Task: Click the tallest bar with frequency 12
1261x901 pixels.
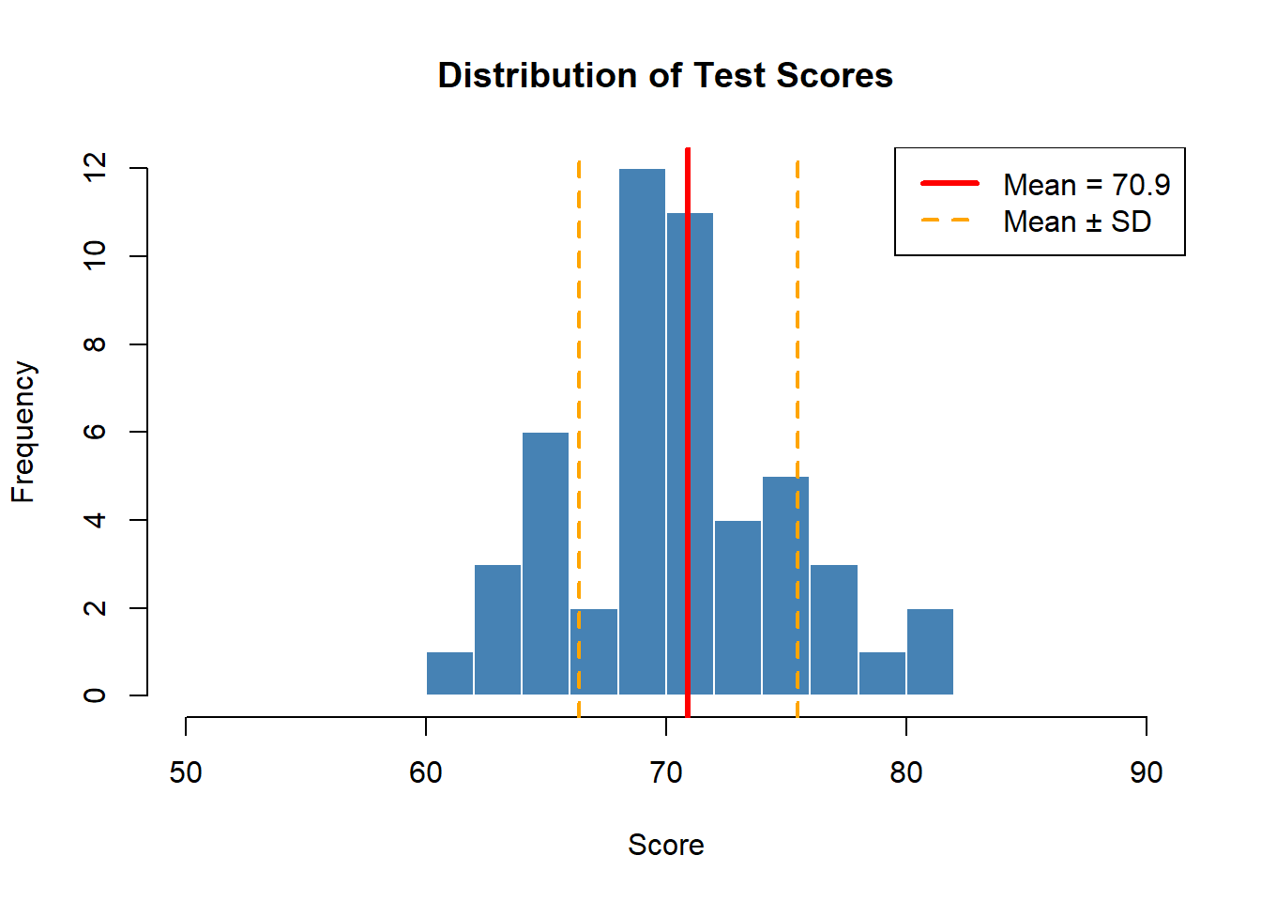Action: [x=642, y=432]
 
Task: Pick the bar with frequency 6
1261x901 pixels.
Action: [x=545, y=563]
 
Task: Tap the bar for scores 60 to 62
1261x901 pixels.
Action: [x=449, y=673]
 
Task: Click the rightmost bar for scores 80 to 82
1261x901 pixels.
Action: [x=930, y=651]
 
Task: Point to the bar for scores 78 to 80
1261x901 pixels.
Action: [x=882, y=673]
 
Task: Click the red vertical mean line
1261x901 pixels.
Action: [x=688, y=375]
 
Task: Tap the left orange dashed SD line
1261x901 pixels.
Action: [x=579, y=375]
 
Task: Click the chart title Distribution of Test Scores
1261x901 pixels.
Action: [x=665, y=75]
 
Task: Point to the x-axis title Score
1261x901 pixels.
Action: [x=665, y=845]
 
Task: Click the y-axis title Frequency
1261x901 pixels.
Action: [x=23, y=432]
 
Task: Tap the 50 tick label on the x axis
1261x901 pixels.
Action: [x=186, y=772]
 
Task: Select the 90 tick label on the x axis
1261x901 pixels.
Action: [x=1146, y=772]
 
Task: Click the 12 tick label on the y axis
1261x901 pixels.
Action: [x=95, y=168]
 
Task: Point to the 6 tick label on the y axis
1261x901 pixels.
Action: [x=95, y=432]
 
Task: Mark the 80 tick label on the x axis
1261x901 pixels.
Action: [x=905, y=772]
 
